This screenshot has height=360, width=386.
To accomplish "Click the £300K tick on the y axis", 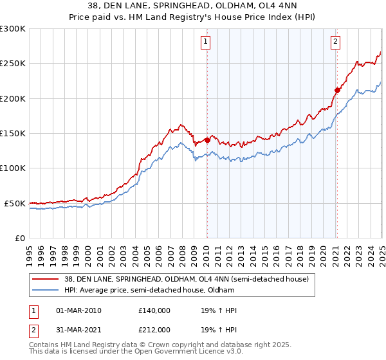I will [13, 29].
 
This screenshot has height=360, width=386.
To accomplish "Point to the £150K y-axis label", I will [13, 134].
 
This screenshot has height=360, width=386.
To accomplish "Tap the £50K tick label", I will [15, 203].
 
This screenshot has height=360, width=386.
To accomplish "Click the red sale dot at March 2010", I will [207, 139].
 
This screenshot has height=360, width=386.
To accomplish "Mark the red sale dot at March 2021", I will [337, 90].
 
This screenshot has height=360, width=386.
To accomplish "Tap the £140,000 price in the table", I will [154, 310].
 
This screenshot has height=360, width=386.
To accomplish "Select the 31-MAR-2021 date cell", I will [78, 328].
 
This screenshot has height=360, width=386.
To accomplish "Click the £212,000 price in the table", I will [154, 328].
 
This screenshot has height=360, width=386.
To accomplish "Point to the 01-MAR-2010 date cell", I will [78, 310].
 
